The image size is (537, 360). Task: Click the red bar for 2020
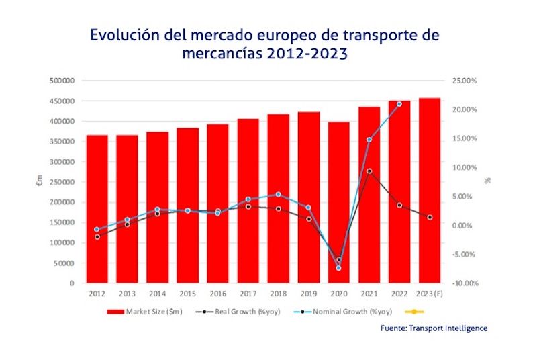click(338, 202)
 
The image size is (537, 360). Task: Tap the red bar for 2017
click(248, 201)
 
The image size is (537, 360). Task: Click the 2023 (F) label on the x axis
click(430, 294)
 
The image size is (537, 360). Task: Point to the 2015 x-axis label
click(187, 294)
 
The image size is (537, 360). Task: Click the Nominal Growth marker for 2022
click(399, 104)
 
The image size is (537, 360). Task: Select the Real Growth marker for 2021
click(369, 171)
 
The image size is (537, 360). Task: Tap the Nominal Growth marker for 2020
click(338, 268)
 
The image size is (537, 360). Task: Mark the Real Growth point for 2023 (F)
click(430, 217)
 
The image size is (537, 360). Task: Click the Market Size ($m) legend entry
click(142, 312)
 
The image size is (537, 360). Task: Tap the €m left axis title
click(39, 182)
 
